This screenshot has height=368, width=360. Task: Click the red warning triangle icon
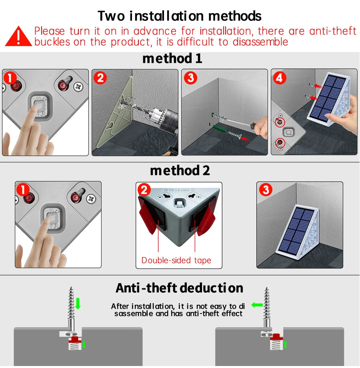point(18,36)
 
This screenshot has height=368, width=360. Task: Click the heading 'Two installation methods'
point(180,16)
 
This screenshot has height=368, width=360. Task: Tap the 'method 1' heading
point(172,58)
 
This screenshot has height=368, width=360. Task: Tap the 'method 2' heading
point(180,171)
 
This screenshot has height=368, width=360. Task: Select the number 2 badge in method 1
point(100,78)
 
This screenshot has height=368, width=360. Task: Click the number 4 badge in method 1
point(280,78)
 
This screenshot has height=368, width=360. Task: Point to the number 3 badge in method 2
point(266,190)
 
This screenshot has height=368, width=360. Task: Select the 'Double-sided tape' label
point(176,261)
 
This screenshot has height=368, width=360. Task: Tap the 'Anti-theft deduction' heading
point(180,288)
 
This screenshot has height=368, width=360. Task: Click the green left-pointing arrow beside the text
point(257,305)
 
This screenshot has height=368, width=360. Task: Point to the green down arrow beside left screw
point(78,303)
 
